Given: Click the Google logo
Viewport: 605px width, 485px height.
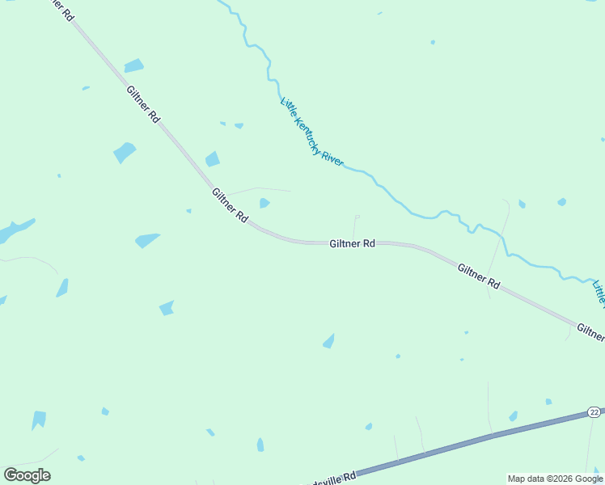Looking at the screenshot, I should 27,475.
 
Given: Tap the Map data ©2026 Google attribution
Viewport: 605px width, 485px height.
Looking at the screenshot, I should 555,479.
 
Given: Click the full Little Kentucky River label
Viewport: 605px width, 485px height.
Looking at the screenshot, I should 312,132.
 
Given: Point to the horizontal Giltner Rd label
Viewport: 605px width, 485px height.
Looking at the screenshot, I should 352,242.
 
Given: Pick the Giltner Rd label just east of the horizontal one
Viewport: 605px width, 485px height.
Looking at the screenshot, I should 478,276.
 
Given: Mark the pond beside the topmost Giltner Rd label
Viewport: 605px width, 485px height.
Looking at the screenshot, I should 133,66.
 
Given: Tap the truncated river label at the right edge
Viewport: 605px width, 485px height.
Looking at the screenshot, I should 599,294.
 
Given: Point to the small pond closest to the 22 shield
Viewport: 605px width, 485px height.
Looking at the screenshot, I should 548,401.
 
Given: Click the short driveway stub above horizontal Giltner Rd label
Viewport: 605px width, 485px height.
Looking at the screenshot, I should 355,226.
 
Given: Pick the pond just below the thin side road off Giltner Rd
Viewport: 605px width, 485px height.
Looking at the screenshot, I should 264,203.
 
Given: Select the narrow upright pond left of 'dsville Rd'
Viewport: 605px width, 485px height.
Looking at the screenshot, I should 260,445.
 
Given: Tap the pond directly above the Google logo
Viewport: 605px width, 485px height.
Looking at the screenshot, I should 38,420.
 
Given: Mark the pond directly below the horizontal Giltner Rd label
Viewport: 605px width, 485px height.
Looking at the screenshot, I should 328,342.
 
